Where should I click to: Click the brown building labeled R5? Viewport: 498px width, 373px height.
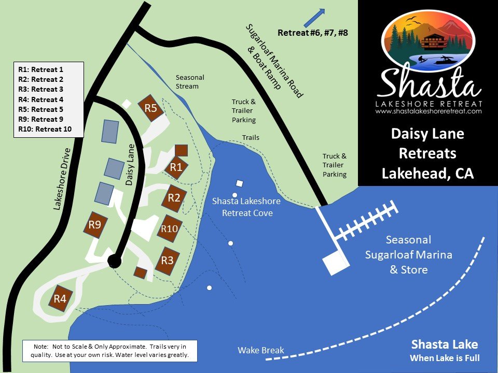click(150, 108)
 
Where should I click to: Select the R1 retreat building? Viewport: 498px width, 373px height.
click(176, 167)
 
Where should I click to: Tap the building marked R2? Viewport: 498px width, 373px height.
click(174, 197)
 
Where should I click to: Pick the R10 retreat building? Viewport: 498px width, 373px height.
click(170, 228)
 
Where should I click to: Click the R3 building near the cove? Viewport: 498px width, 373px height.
click(167, 260)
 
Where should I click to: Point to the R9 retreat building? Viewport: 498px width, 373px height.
click(94, 224)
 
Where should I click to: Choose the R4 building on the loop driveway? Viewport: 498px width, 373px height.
click(60, 298)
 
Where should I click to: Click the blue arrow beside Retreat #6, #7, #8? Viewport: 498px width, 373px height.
click(314, 17)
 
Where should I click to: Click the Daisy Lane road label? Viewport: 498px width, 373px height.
click(130, 164)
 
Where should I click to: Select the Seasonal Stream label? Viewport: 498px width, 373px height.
click(190, 81)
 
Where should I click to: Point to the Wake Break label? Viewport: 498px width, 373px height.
click(261, 350)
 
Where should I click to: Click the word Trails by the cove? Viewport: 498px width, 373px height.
click(251, 138)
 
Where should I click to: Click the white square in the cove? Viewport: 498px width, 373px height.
click(240, 183)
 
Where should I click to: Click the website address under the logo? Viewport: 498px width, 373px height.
click(428, 111)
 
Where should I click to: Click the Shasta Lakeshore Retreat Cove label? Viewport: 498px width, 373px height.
click(246, 207)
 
